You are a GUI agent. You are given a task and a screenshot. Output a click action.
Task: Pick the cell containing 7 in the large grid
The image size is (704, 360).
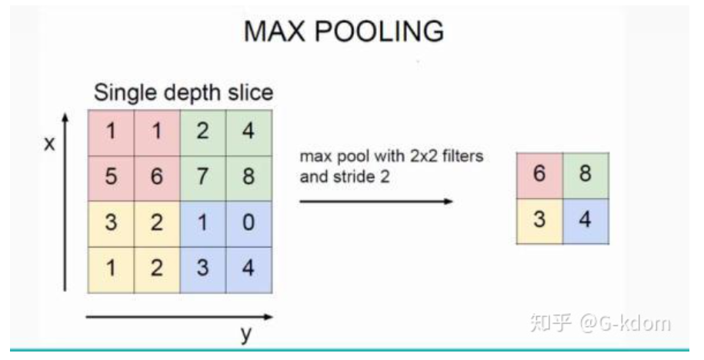[202, 178]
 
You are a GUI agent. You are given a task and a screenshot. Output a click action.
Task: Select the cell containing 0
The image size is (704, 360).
[248, 224]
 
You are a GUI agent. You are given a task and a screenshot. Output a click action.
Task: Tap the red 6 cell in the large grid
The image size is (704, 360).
[156, 178]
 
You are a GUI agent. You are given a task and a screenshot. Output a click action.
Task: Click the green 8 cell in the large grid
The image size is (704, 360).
[248, 178]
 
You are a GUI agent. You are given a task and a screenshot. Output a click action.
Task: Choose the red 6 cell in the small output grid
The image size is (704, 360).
[539, 175]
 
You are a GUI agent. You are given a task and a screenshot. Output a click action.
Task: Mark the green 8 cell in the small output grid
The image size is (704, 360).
[586, 175]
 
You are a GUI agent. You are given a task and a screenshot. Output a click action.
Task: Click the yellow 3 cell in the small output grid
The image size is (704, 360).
[539, 221]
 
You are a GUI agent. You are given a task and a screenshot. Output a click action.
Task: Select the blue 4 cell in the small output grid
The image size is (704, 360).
[586, 221]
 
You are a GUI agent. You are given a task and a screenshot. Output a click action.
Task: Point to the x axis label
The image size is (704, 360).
[49, 144]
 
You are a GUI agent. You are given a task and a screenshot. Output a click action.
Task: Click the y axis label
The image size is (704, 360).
[247, 335]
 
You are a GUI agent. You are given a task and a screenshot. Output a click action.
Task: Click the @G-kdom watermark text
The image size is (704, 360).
[625, 323]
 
